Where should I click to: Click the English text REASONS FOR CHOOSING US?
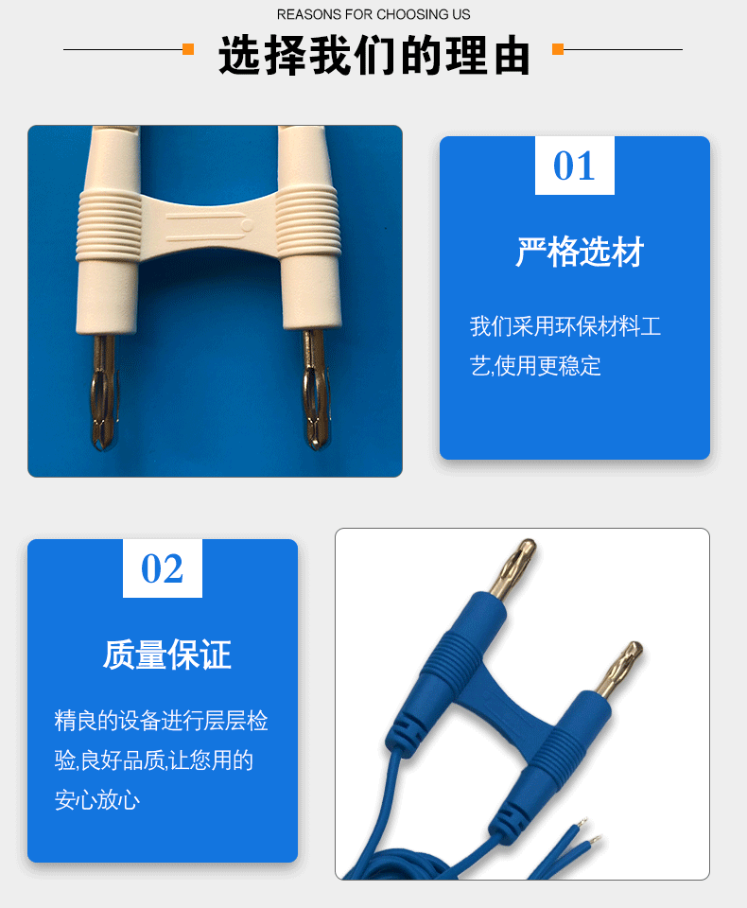373,14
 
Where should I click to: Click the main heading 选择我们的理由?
373,56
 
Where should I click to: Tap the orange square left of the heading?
188,49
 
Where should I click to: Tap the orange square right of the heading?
558,49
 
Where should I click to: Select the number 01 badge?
574,166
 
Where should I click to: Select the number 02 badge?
162,568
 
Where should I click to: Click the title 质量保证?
167,655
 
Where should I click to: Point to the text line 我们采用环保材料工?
565,327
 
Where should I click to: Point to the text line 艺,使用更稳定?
535,366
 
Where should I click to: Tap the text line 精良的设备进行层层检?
161,721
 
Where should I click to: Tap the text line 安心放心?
97,800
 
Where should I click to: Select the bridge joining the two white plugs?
206,225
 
